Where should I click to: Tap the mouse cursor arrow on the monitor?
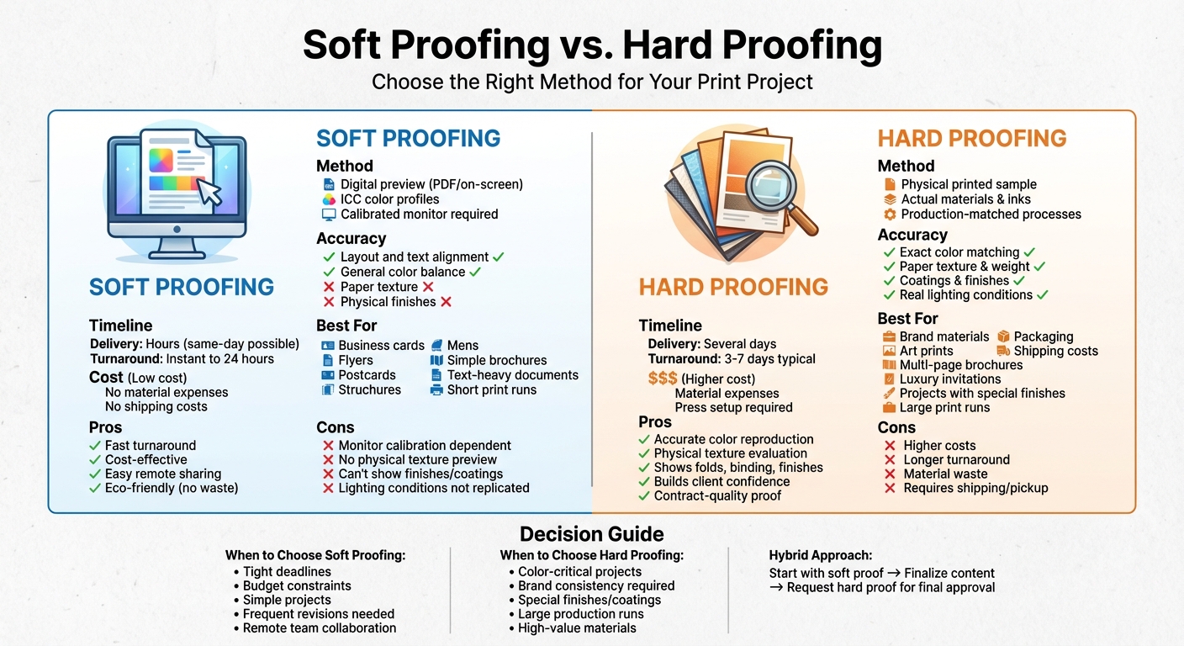[x=209, y=192]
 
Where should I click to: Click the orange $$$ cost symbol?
[x=663, y=379]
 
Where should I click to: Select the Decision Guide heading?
[x=591, y=534]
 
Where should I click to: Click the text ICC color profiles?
[x=389, y=199]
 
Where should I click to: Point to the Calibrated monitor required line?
[x=419, y=214]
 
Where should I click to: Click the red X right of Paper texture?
[x=428, y=287]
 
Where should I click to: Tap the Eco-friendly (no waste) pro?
[x=172, y=488]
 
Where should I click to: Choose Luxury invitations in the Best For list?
[x=950, y=379]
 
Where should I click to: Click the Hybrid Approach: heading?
[x=820, y=555]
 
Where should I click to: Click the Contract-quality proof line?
[x=717, y=496]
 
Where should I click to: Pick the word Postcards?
[x=367, y=375]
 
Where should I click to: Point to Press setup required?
[x=733, y=408]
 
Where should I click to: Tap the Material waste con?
[x=945, y=474]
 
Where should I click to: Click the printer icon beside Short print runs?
[x=436, y=390]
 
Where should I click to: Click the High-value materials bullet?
[x=577, y=628]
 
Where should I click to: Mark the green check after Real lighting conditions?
[x=1043, y=295]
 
